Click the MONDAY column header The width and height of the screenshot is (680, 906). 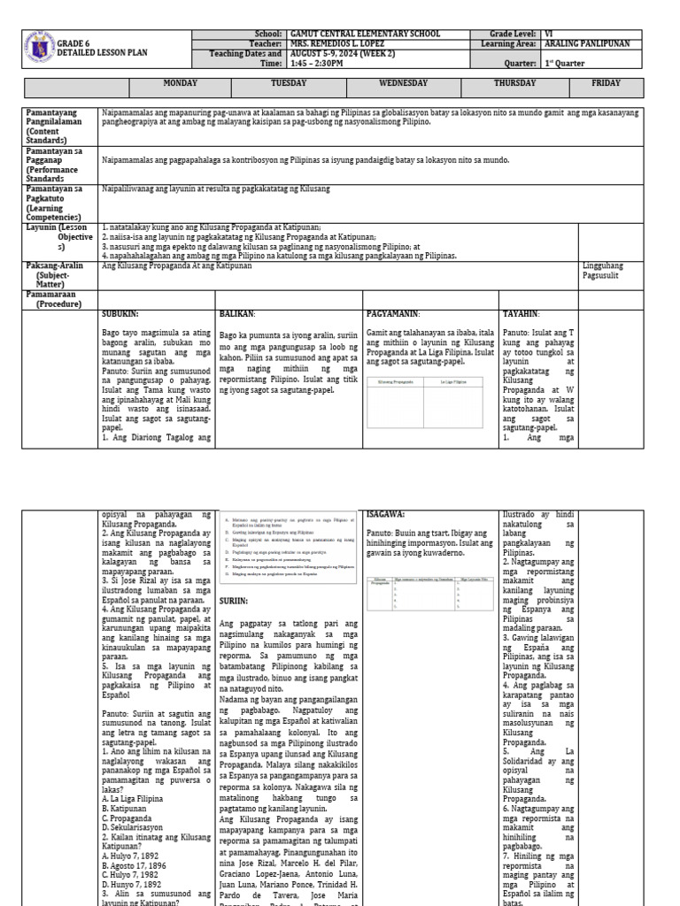(181, 83)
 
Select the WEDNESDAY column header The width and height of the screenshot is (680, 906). (403, 83)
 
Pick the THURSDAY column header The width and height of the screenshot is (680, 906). (514, 83)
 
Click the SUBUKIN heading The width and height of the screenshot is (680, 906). (120, 313)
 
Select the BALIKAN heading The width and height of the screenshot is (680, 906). (237, 313)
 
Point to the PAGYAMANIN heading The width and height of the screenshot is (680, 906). (392, 313)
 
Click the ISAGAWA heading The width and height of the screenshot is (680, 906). (385, 513)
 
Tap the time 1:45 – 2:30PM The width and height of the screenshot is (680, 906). (323, 64)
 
